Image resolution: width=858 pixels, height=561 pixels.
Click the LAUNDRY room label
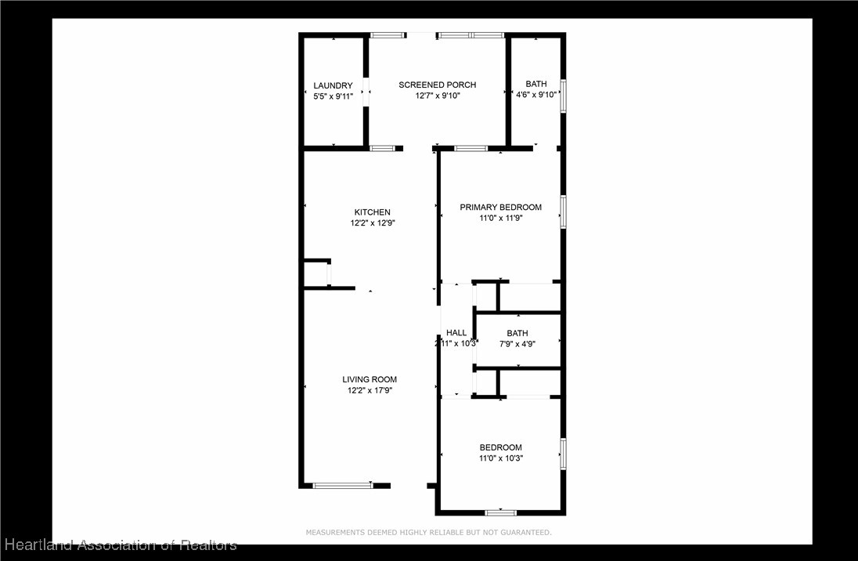point(333,85)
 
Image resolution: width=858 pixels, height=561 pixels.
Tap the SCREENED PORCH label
point(437,85)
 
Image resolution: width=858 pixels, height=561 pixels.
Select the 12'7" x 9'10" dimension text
point(438,96)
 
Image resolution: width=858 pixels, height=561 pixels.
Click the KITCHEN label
point(372,212)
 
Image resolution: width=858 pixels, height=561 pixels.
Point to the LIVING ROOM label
point(370,380)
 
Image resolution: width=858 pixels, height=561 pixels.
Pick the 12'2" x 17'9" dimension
point(370,390)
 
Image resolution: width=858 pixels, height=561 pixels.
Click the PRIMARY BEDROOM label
point(500,208)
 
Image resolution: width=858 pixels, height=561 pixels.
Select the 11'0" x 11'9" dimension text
point(500,219)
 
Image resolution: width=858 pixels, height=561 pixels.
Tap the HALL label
point(456,333)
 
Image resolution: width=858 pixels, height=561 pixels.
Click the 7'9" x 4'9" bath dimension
point(517,343)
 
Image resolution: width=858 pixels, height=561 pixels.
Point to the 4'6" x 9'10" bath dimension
point(536,95)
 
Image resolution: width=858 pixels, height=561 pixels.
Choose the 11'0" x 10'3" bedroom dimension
point(500,458)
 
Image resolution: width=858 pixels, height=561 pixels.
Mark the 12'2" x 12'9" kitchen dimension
point(372,223)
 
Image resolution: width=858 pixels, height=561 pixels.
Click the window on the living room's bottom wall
point(343,486)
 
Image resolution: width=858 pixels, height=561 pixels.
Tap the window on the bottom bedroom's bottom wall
point(500,512)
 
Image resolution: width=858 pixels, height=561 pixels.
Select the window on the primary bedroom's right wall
point(563,212)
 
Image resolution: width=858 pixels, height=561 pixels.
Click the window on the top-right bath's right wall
point(563,96)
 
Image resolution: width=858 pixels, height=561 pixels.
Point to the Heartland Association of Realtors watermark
point(121,545)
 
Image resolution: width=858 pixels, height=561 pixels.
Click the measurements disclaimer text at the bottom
point(428,533)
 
